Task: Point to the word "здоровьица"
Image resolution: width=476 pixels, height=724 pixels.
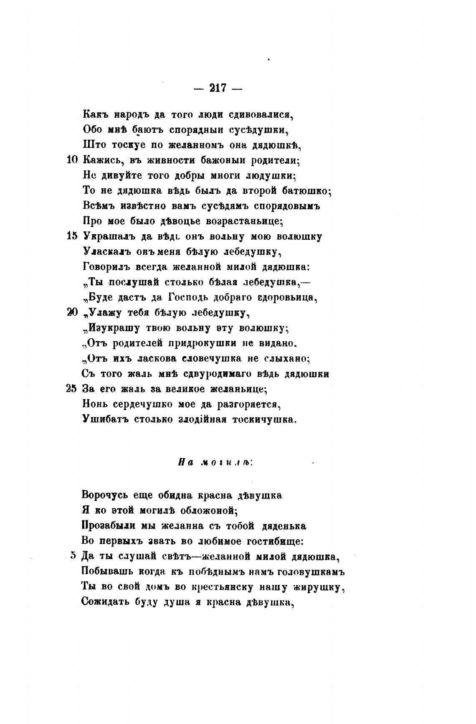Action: pos(288,298)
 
